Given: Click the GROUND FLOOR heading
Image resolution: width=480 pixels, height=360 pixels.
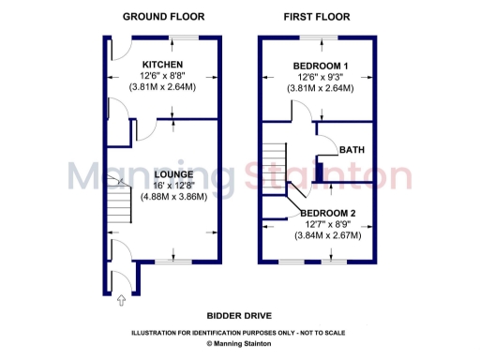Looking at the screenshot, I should (x=163, y=16).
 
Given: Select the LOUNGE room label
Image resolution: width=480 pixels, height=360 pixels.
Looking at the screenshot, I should (x=174, y=174).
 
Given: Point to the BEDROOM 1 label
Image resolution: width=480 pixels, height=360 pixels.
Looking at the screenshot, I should (x=320, y=64).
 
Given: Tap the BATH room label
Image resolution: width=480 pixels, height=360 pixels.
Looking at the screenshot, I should (x=352, y=150).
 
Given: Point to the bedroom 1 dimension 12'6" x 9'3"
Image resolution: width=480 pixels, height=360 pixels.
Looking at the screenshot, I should (x=320, y=76).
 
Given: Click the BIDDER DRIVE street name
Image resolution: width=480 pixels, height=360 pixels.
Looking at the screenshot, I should (x=239, y=316).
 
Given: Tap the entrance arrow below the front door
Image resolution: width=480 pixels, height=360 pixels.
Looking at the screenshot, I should (x=120, y=301).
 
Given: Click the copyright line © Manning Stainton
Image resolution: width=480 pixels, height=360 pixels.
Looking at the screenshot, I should (x=239, y=344).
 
